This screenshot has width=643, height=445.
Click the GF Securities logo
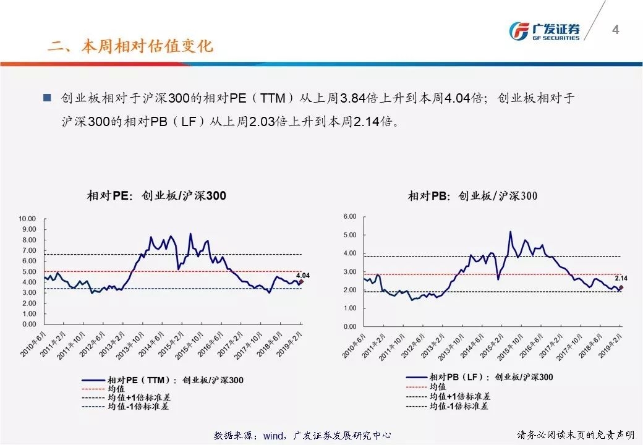click(x=544, y=31)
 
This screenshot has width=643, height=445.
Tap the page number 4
click(x=615, y=30)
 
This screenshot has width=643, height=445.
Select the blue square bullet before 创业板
click(x=46, y=98)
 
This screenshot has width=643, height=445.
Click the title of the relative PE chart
click(x=156, y=196)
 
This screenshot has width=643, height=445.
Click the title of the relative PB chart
click(x=472, y=196)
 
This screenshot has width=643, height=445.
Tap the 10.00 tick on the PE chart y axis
click(x=28, y=219)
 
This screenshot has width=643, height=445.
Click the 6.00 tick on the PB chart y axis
click(x=350, y=217)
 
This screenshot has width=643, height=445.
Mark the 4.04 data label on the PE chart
click(x=303, y=275)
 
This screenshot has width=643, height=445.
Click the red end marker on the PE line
click(x=301, y=282)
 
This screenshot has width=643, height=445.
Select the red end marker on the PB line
click(x=621, y=287)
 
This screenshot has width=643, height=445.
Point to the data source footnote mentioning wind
click(x=302, y=435)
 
